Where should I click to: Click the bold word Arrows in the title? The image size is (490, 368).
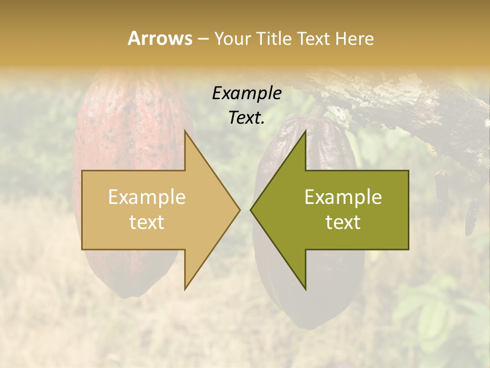click(160, 38)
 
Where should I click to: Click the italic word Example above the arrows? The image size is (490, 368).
click(247, 94)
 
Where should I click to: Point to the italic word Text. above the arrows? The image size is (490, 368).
click(247, 118)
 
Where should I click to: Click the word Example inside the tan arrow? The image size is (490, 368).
click(147, 197)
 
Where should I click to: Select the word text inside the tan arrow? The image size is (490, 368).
click(147, 222)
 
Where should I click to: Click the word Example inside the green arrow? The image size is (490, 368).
click(343, 197)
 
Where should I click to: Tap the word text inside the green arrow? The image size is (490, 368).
click(343, 222)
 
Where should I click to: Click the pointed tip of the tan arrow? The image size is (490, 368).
click(239, 210)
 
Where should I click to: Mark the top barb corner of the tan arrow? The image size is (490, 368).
click(185, 131)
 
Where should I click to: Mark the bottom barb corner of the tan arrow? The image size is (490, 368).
click(185, 289)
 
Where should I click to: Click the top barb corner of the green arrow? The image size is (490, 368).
click(305, 131)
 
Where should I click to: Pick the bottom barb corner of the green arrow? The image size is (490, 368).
click(305, 289)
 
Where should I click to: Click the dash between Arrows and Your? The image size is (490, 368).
click(203, 39)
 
